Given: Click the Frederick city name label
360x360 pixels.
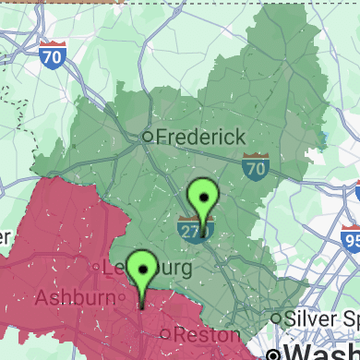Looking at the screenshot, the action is (200, 137).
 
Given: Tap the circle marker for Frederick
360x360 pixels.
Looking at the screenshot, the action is (146, 137).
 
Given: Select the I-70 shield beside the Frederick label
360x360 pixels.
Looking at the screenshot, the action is (256, 167).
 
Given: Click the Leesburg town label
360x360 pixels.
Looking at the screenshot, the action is (148, 269).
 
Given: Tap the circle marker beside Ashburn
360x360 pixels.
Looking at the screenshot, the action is (120, 297).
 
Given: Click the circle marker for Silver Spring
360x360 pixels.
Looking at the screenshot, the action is (275, 318).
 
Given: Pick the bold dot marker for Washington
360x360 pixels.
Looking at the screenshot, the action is (273, 354).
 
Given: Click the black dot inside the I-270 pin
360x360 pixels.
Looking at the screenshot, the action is (202, 195).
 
